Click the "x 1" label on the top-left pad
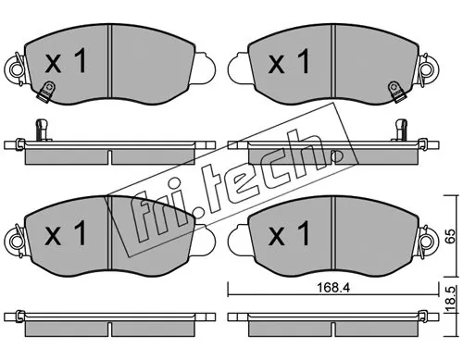pyautogui.click(x=66, y=62)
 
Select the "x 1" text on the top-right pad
pyautogui.click(x=289, y=62)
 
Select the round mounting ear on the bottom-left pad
pyautogui.click(x=16, y=242)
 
